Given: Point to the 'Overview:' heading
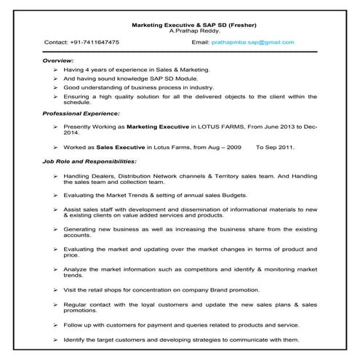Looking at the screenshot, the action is [58, 60].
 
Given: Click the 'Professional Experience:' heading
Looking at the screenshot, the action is [81, 113].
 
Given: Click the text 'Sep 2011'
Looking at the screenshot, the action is [283, 146].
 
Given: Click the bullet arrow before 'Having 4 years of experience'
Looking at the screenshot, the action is [55, 69].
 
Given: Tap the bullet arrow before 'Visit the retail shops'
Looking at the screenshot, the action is [55, 290].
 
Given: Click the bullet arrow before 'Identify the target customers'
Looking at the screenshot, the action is [55, 340].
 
